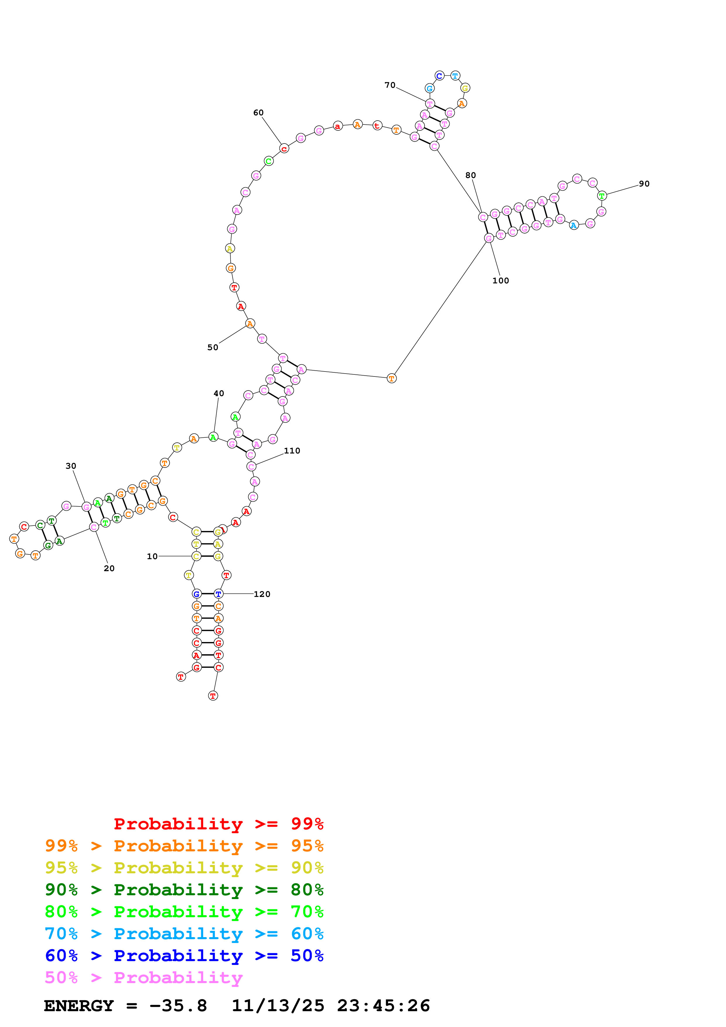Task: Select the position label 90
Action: (644, 184)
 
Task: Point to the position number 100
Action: (500, 280)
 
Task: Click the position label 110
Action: (292, 451)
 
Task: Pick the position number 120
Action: (262, 594)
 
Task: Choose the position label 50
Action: (213, 347)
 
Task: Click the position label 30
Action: (71, 466)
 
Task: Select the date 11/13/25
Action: (278, 1006)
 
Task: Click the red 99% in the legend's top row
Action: (307, 824)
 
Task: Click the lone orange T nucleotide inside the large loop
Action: (391, 379)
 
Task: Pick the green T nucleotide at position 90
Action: (602, 196)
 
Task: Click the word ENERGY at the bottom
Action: (79, 1006)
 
